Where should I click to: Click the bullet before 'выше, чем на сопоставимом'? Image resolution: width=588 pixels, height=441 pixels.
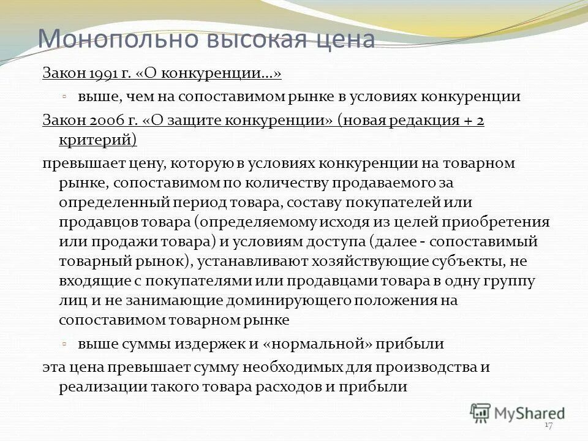[x=64, y=96]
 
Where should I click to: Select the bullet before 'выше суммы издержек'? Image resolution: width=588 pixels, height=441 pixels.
[x=64, y=343]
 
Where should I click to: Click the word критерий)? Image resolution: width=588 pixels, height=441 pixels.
[x=98, y=140]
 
